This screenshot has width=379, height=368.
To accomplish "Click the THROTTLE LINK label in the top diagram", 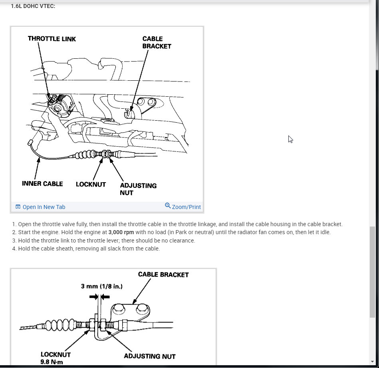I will pos(52,39).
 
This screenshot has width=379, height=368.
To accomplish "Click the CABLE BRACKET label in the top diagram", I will pos(157,42).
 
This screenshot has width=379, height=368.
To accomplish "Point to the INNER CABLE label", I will pos(42,184).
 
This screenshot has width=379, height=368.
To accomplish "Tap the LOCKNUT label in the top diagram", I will pos(91,184).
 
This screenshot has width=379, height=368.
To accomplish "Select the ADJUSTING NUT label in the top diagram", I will pos(138,189).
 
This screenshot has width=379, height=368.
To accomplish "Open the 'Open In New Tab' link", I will pos(44,207).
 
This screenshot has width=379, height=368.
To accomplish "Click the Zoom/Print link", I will pos(186,207).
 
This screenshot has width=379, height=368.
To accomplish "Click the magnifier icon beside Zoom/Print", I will pos(168,206).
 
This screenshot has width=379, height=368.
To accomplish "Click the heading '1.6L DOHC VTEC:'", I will pos(33,6).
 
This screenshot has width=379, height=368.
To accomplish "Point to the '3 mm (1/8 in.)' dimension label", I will pos(101,286).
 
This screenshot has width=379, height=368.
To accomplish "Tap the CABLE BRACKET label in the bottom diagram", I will pos(163,275).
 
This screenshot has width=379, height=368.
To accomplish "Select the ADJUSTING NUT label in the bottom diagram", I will pos(149,356).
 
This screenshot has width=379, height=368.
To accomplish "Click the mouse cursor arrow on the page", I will pos(290,139).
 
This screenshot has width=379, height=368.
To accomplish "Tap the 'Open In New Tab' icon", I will pos(18,207).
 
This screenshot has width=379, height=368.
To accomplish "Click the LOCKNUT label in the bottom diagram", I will pos(56,354).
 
